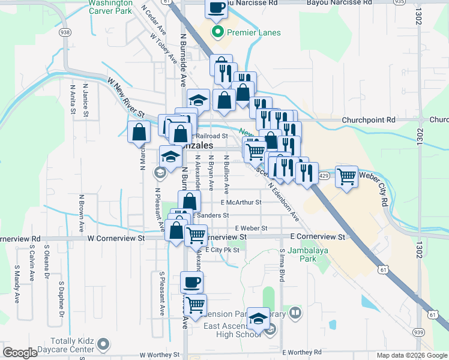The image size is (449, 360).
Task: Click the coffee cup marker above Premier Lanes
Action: click(217, 8)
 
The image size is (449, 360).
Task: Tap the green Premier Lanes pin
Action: click(217, 32)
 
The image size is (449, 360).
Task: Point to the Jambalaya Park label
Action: click(301, 254)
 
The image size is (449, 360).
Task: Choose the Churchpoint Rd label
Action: click(369, 120)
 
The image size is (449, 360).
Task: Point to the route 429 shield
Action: click(324, 175)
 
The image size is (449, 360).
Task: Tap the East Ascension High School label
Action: click(232, 330)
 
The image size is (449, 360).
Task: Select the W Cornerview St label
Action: click(116, 238)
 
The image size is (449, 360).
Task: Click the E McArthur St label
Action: click(240, 203)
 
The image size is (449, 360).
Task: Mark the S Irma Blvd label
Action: click(281, 266)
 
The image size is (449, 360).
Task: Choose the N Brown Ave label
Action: click(81, 213)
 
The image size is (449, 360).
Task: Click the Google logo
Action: click(20, 353)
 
